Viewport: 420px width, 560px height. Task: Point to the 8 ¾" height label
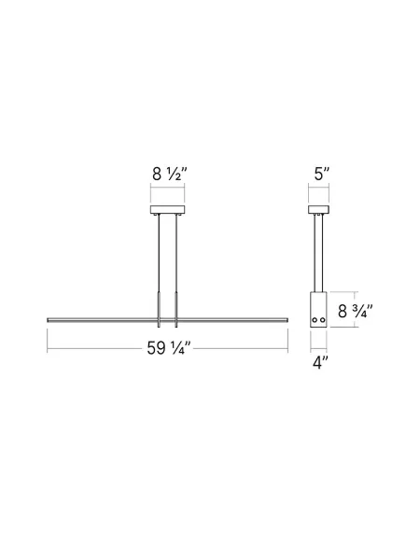tap(356, 311)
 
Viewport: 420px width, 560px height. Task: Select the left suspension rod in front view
tap(161, 266)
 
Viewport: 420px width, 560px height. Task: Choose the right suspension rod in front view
tap(175, 266)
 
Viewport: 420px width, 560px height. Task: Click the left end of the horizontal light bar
tap(50, 319)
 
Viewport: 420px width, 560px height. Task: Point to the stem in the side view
tap(320, 252)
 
